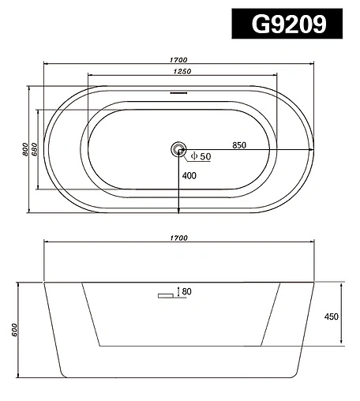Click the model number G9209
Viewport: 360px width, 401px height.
coord(289,24)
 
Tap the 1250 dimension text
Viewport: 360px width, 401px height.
coord(182,72)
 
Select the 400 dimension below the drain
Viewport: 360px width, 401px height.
coord(189,175)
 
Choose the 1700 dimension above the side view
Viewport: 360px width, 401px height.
coord(178,238)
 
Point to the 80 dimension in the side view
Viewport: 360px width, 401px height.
coord(186,292)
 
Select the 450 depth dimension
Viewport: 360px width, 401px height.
coord(332,316)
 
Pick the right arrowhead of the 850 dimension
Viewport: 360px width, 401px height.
coord(311,149)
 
